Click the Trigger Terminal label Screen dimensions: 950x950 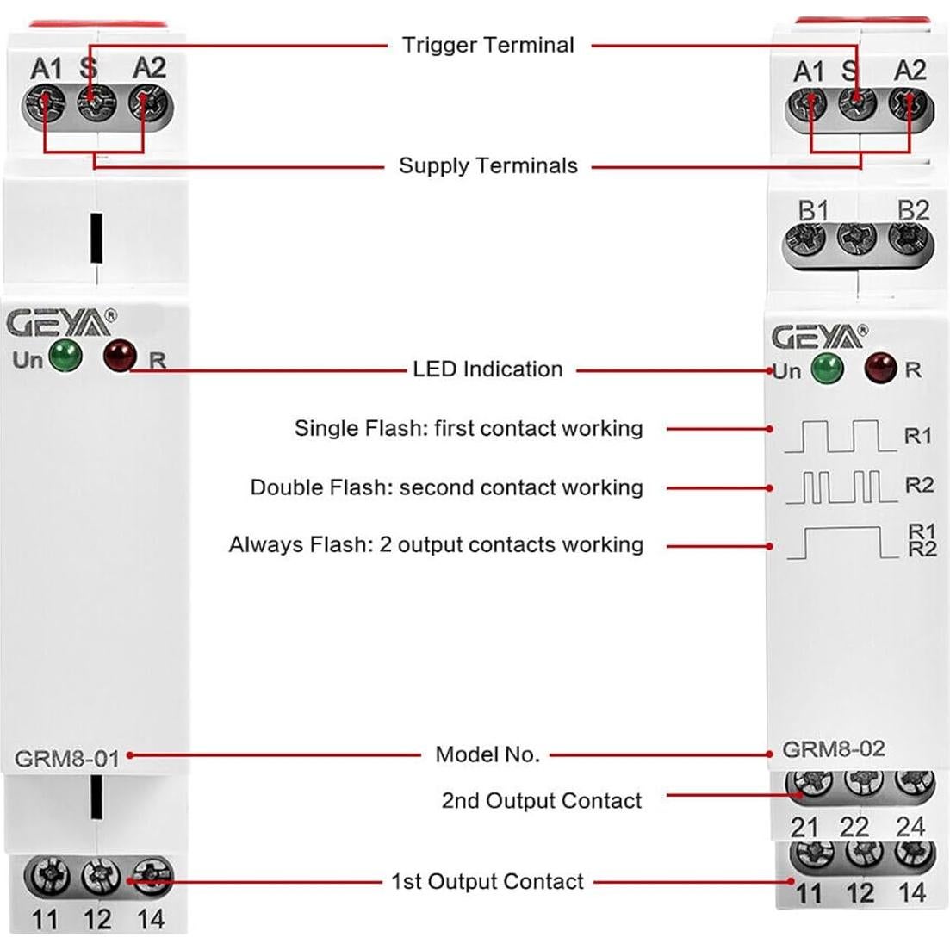pyautogui.click(x=487, y=45)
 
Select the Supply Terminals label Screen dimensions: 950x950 pyautogui.click(x=487, y=165)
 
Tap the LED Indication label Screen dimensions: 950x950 pyautogui.click(x=487, y=369)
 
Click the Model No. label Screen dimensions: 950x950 pyautogui.click(x=487, y=755)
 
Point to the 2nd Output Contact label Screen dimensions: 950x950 pyautogui.click(x=542, y=801)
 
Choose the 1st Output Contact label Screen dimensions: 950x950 pyautogui.click(x=487, y=882)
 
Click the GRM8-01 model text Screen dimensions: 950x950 pyautogui.click(x=66, y=760)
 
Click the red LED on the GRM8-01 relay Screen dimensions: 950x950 pyautogui.click(x=120, y=355)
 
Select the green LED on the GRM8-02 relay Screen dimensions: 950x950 pyautogui.click(x=827, y=368)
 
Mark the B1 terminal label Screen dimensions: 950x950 pyautogui.click(x=813, y=211)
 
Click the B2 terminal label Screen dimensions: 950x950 pyautogui.click(x=913, y=211)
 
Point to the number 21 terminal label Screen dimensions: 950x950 pyautogui.click(x=804, y=827)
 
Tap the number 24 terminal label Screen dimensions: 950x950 pyautogui.click(x=910, y=827)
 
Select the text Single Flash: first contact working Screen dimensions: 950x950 pyautogui.click(x=469, y=428)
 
